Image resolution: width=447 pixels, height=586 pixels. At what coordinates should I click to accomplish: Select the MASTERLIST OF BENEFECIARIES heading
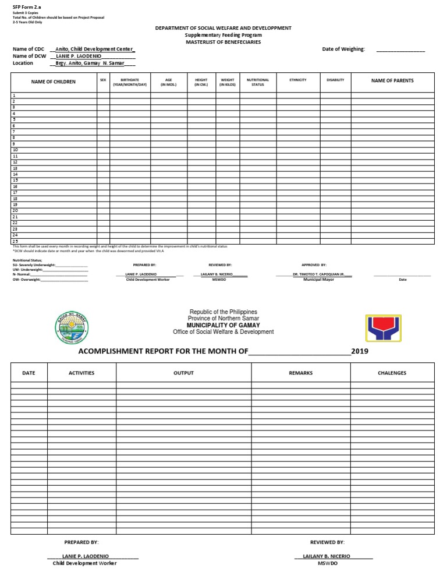point(223,43)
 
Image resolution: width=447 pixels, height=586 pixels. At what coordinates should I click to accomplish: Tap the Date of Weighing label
point(343,50)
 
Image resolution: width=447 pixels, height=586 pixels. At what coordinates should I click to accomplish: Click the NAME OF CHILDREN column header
point(54,82)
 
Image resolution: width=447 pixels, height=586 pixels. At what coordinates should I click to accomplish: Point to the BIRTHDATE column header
point(130,82)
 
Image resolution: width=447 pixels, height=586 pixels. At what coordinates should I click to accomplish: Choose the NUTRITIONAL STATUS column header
point(258,82)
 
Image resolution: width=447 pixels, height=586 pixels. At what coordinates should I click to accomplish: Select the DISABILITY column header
point(335,80)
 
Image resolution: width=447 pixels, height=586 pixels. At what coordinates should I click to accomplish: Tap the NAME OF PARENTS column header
point(392,81)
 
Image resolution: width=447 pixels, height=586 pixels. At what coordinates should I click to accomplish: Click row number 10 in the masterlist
point(16,150)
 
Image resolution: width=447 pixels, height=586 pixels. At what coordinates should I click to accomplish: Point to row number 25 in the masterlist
point(16,241)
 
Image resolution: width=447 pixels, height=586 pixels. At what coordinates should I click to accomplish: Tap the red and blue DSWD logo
point(384,328)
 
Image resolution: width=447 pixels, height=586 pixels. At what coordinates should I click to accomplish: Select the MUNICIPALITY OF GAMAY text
point(223,325)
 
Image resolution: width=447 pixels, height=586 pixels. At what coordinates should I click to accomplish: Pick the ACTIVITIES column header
point(81,373)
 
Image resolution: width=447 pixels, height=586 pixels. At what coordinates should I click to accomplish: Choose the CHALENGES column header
point(392,373)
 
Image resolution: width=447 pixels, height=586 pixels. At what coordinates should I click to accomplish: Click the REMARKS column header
point(300,373)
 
